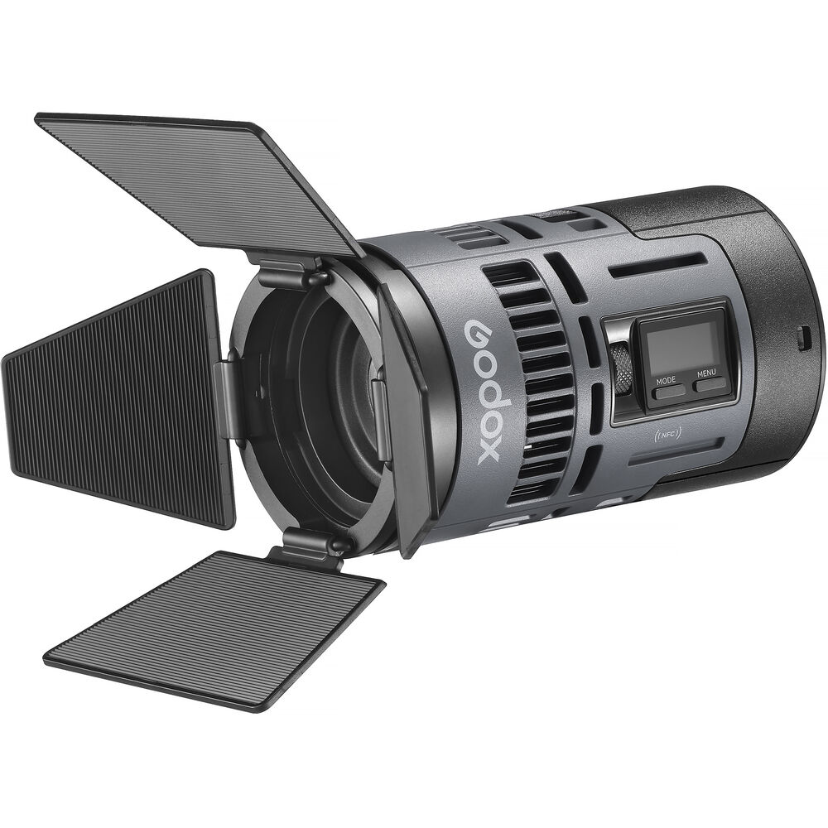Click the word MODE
tap(666, 380)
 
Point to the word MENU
tap(706, 373)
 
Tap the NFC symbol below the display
tap(668, 435)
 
